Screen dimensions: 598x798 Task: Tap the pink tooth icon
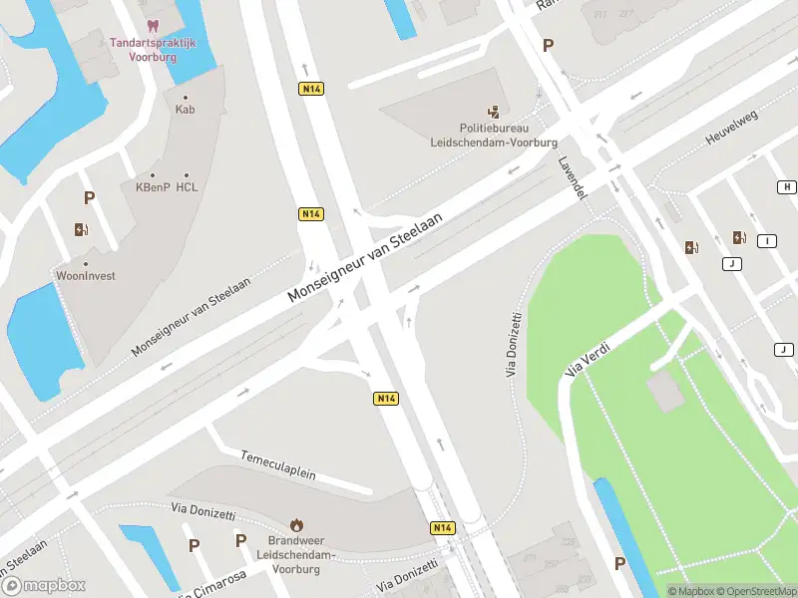(153, 25)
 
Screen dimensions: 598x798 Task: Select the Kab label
(185, 109)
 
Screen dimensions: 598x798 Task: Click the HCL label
(187, 186)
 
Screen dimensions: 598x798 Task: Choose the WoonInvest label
(85, 275)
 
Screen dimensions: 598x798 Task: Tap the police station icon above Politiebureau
(494, 112)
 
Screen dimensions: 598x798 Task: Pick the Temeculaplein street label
(277, 463)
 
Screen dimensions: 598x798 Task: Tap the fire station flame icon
(296, 524)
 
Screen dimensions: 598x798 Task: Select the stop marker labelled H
(787, 187)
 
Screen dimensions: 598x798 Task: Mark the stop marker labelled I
(767, 241)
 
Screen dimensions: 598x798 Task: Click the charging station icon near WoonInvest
(81, 230)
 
